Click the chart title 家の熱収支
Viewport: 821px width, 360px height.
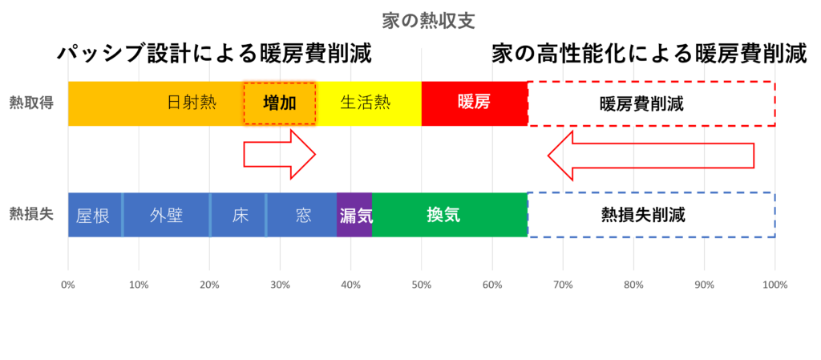pos(428,21)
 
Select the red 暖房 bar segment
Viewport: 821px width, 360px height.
pos(475,103)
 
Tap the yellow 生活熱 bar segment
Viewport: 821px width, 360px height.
pos(369,103)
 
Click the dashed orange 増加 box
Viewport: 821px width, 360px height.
pos(280,103)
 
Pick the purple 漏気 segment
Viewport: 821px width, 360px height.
pos(354,215)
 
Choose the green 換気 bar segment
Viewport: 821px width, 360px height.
pos(450,215)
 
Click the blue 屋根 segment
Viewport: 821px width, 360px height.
pos(95,215)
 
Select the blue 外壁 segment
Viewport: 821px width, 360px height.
pos(167,215)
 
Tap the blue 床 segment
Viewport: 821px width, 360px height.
pos(238,215)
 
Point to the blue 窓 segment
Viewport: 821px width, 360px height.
pos(301,215)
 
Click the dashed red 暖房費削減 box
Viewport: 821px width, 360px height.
pos(651,103)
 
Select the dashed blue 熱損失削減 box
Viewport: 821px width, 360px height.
pos(651,215)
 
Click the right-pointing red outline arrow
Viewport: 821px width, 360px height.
pos(280,155)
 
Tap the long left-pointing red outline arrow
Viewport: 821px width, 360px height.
pos(651,156)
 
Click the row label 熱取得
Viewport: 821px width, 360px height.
pos(31,103)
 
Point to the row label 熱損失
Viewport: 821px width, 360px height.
pos(31,215)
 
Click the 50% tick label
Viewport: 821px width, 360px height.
pos(422,285)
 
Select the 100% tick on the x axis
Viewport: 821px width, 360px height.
pos(775,285)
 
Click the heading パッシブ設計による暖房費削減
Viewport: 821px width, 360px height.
pos(215,55)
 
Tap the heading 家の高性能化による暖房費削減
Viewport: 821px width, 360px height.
pos(649,55)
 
